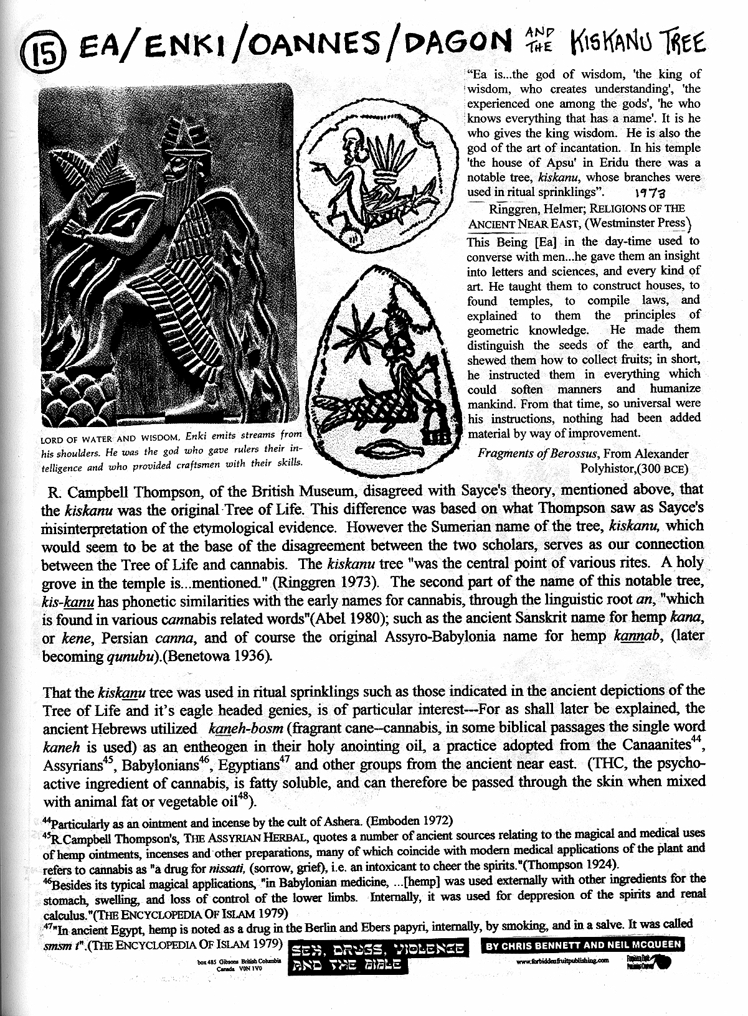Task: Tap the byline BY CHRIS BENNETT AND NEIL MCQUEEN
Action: (x=584, y=944)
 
